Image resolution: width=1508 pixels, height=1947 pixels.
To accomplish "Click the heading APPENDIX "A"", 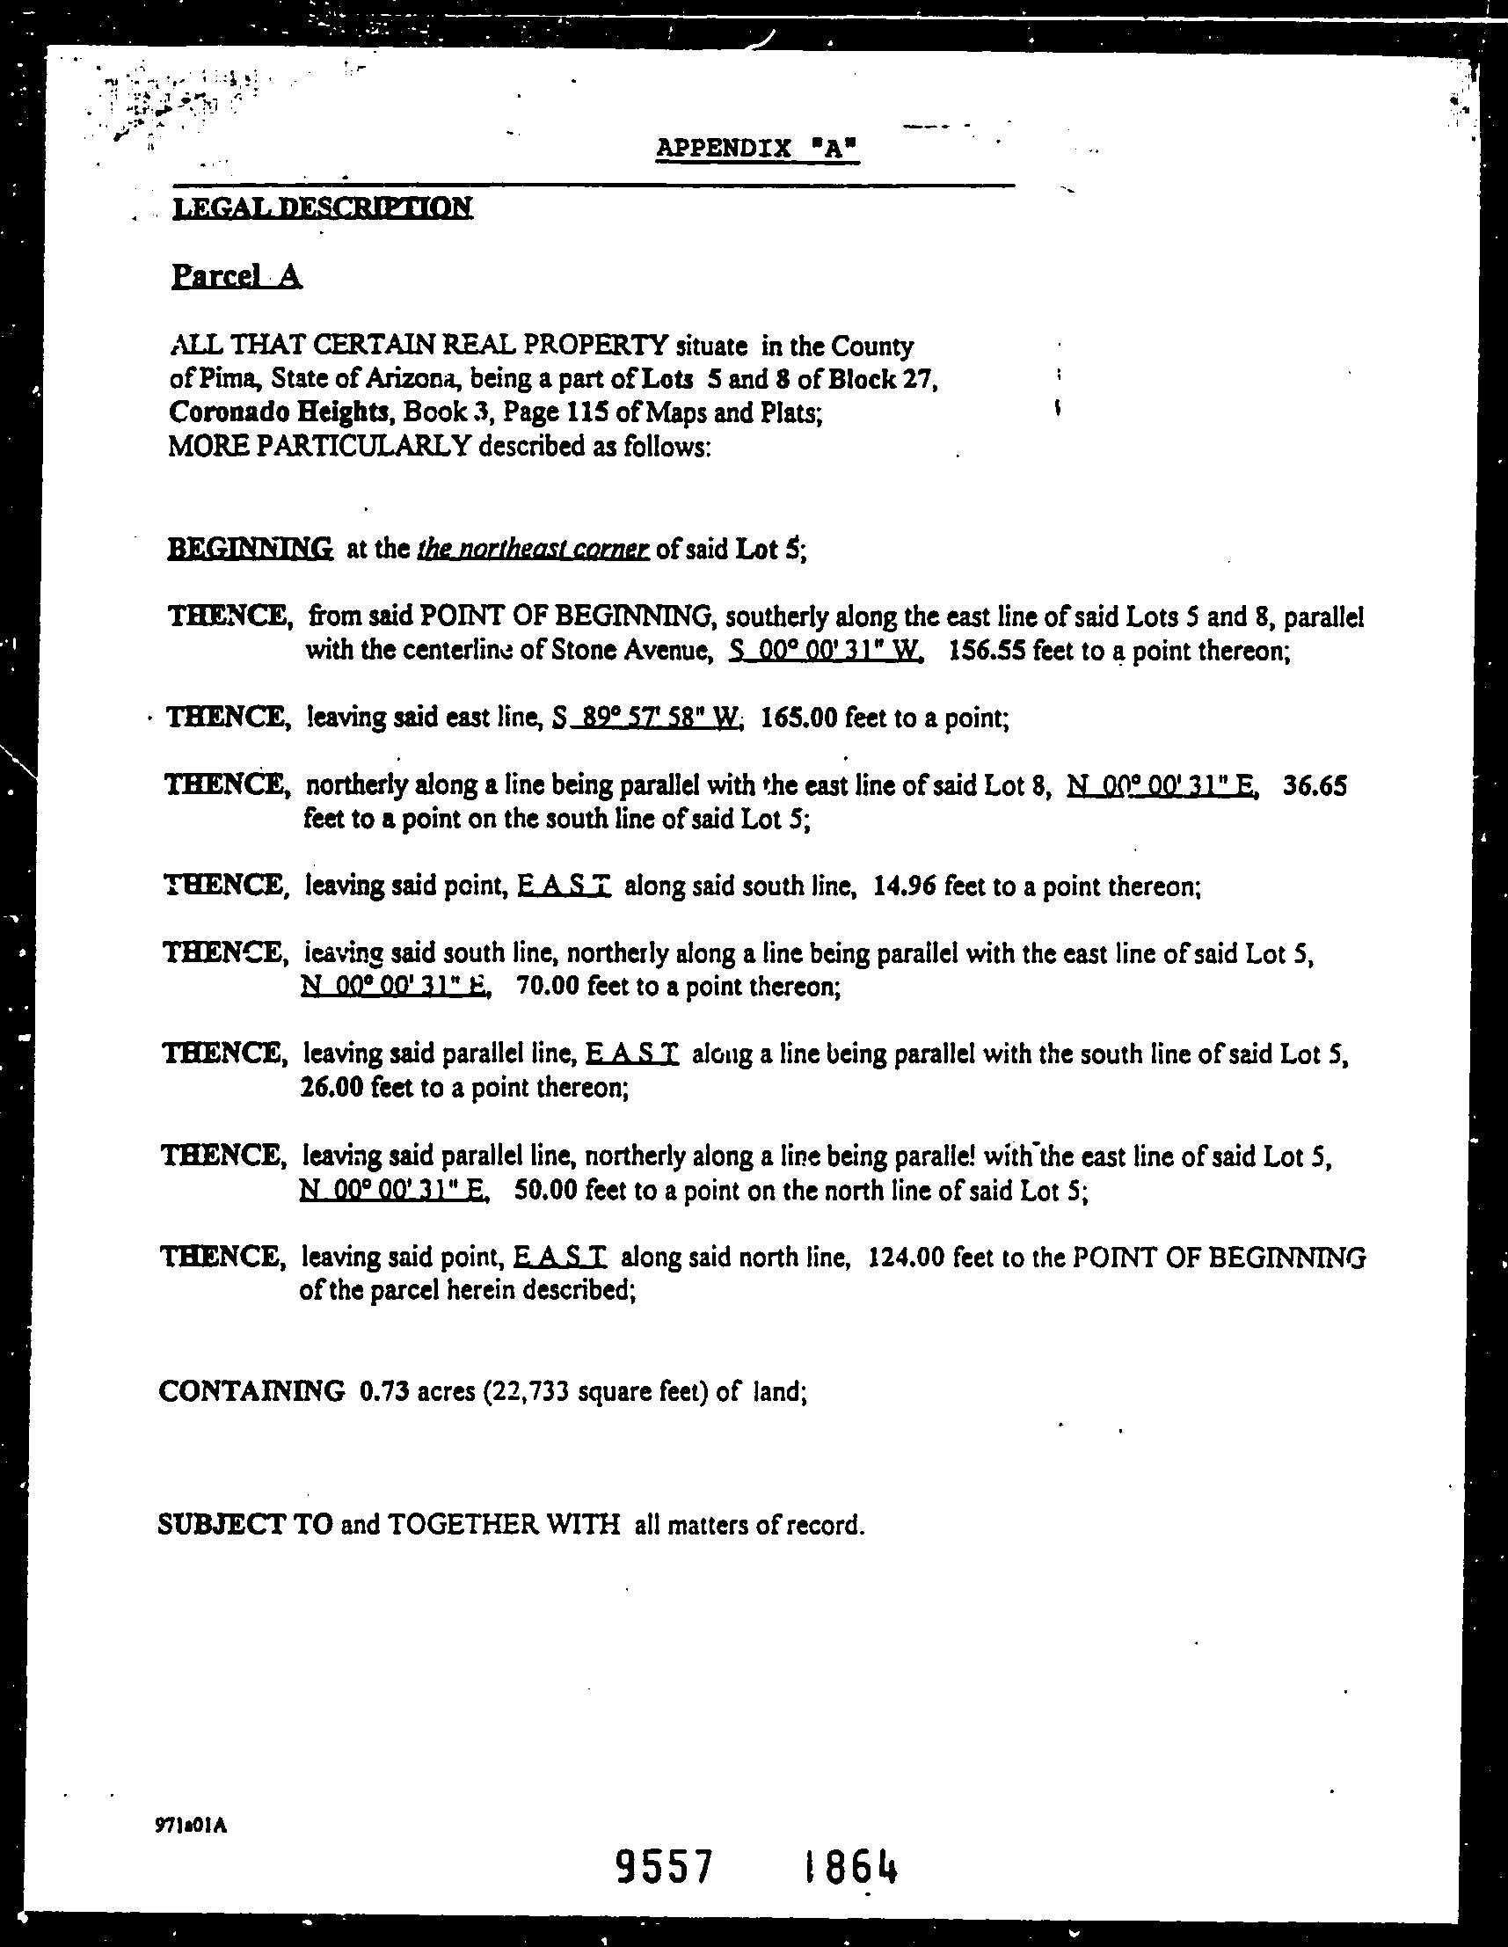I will (757, 148).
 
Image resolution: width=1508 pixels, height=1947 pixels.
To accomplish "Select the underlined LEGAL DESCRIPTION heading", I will (322, 208).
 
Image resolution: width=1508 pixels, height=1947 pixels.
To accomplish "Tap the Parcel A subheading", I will (237, 277).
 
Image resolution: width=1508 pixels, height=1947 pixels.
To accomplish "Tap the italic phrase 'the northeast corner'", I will (533, 549).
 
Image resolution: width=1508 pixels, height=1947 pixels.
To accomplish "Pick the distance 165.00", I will (798, 718).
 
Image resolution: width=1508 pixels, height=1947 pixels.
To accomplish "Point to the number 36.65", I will (1315, 786).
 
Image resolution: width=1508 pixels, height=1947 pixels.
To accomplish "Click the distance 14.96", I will (905, 887).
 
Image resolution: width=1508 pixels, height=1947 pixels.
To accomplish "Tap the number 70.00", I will (546, 988).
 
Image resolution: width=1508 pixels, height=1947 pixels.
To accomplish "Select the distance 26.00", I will (331, 1089).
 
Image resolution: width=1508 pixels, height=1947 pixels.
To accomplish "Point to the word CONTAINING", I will (251, 1390).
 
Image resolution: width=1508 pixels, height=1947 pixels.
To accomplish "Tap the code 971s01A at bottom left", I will (191, 1818).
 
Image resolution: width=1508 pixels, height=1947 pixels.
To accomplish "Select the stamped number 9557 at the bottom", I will (666, 1866).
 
